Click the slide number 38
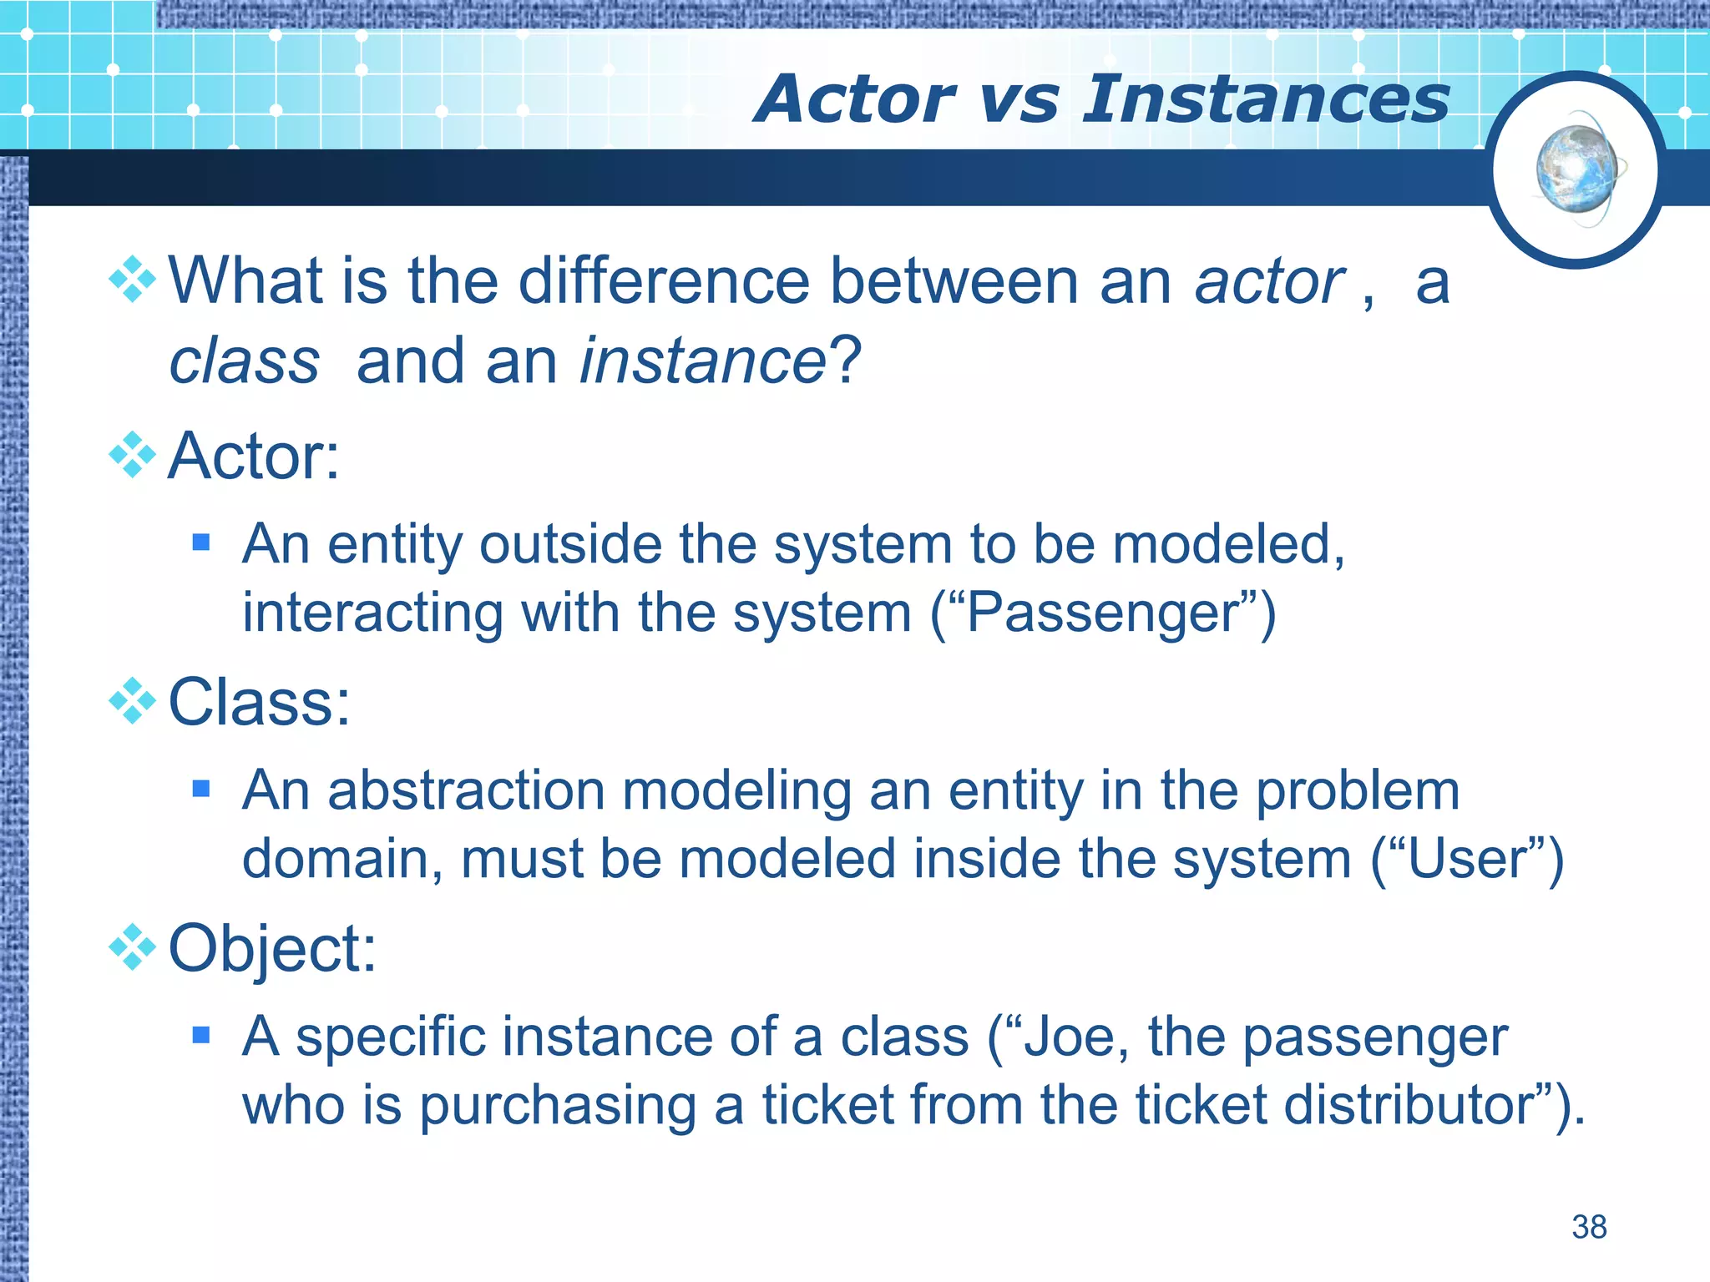click(x=1589, y=1227)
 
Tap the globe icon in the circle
click(x=1576, y=170)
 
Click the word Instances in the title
click(x=1266, y=100)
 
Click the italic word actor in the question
click(x=1269, y=282)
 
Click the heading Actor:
click(x=254, y=457)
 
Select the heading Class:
click(x=259, y=702)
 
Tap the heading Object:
click(x=272, y=949)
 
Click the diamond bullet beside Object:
click(x=133, y=947)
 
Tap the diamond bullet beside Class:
click(x=133, y=701)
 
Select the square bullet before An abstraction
click(x=200, y=789)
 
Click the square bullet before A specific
click(x=200, y=1036)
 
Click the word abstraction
click(x=466, y=790)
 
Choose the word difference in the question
click(x=664, y=282)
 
